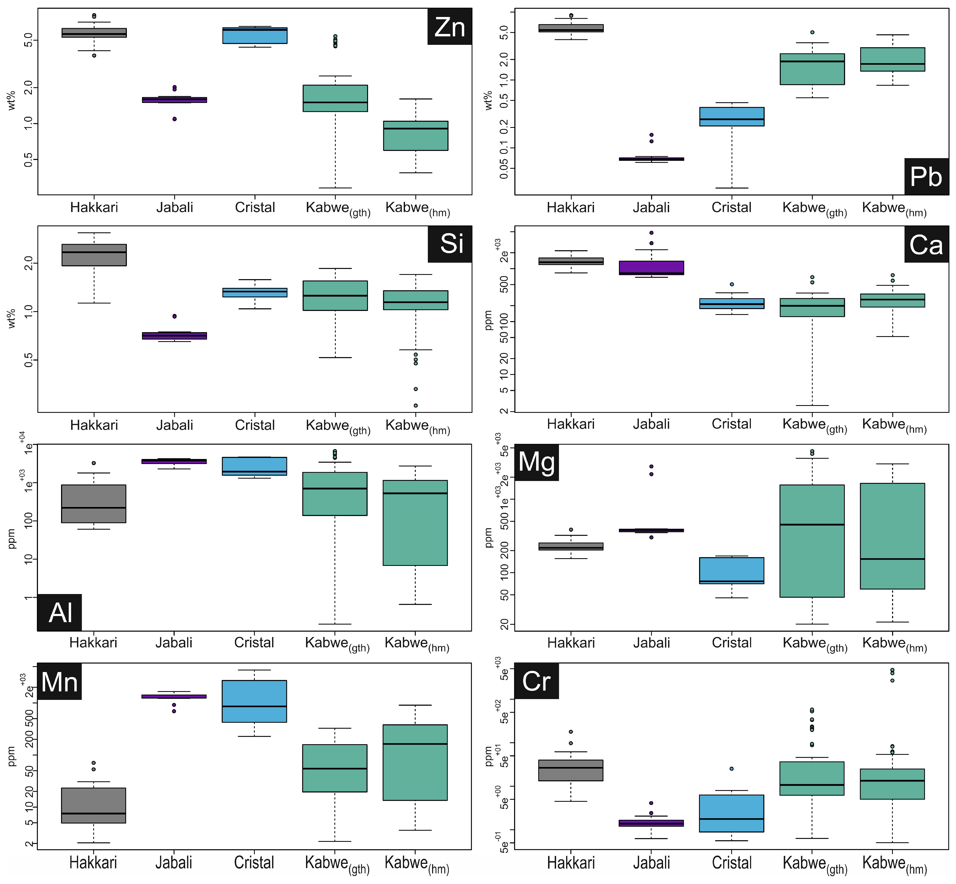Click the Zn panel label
[x=449, y=27]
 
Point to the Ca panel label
[x=926, y=245]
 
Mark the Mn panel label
[x=59, y=682]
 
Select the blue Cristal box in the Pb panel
[x=731, y=116]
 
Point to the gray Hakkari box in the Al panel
[x=93, y=504]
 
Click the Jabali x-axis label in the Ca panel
[x=651, y=424]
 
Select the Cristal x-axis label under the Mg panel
[x=731, y=642]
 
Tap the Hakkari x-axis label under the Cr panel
[x=571, y=863]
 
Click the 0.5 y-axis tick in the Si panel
[x=29, y=360]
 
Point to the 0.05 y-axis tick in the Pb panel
[x=504, y=168]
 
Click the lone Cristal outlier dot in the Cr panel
[x=731, y=769]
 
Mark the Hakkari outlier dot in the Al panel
[x=94, y=463]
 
